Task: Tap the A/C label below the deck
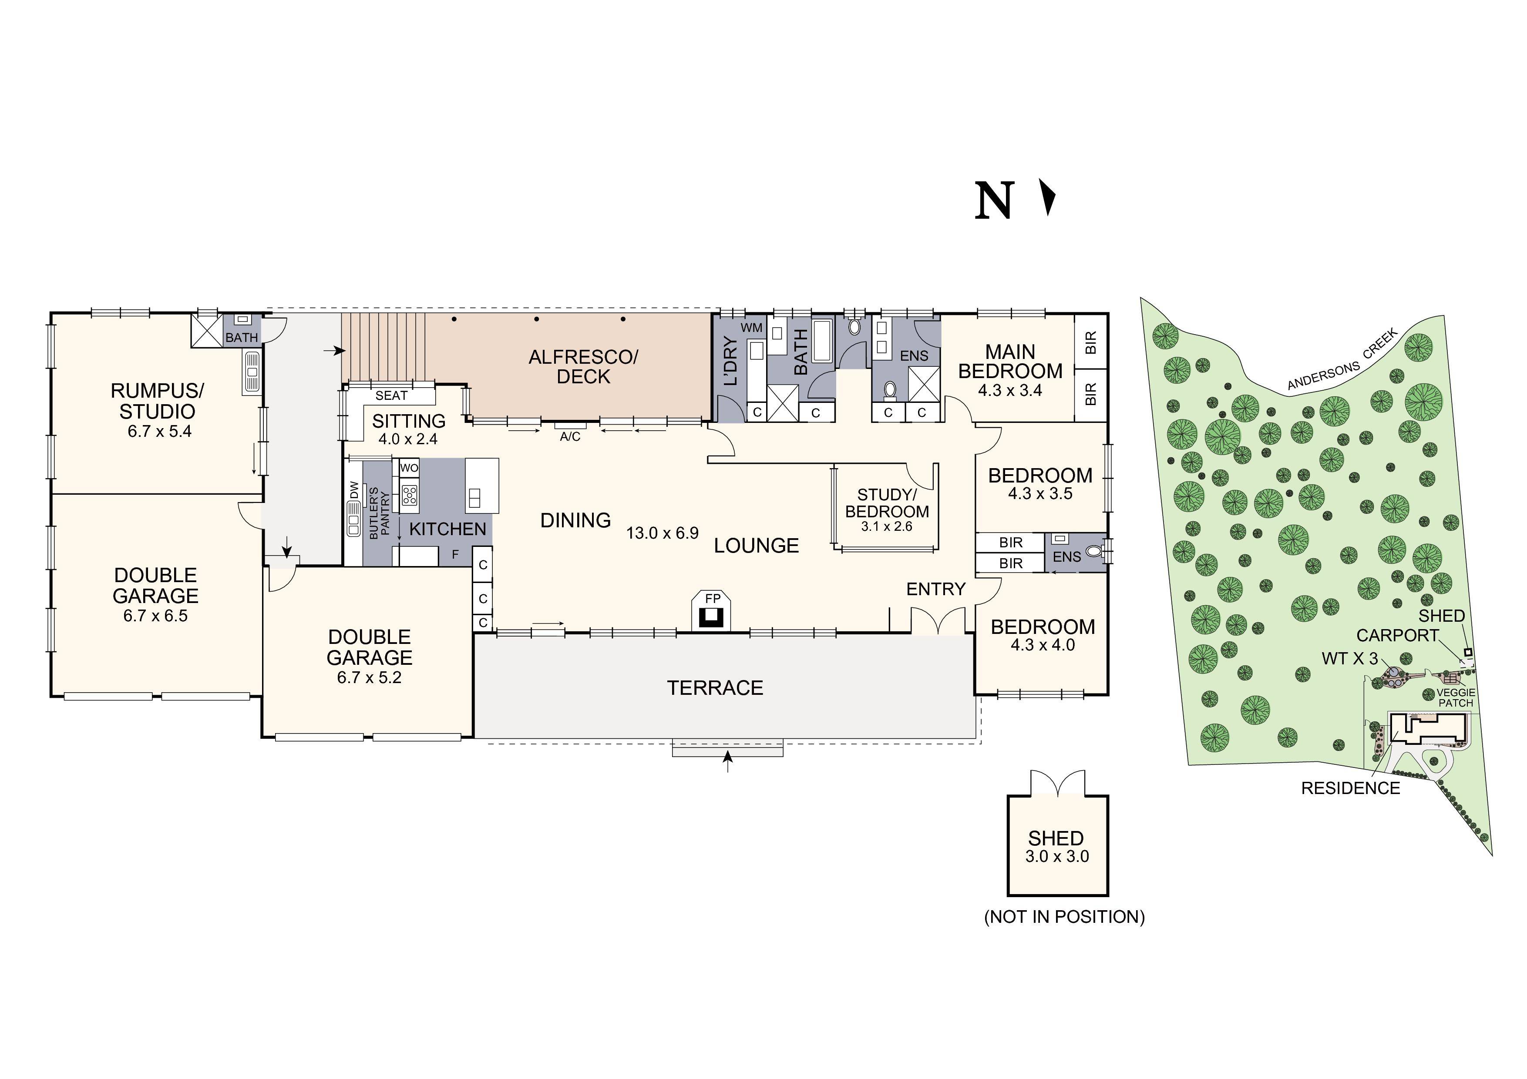(x=570, y=437)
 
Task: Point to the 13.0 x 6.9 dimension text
(x=663, y=533)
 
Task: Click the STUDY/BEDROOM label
(x=887, y=503)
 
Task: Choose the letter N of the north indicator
(x=994, y=200)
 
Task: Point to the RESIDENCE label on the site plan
(x=1350, y=788)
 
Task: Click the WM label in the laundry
(x=751, y=328)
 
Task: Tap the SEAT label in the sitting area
(x=391, y=395)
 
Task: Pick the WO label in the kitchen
(x=409, y=468)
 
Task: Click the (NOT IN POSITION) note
(x=1064, y=917)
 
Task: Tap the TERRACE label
(x=715, y=688)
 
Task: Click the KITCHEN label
(x=447, y=529)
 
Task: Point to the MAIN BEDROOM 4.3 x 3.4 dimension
(x=1009, y=391)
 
